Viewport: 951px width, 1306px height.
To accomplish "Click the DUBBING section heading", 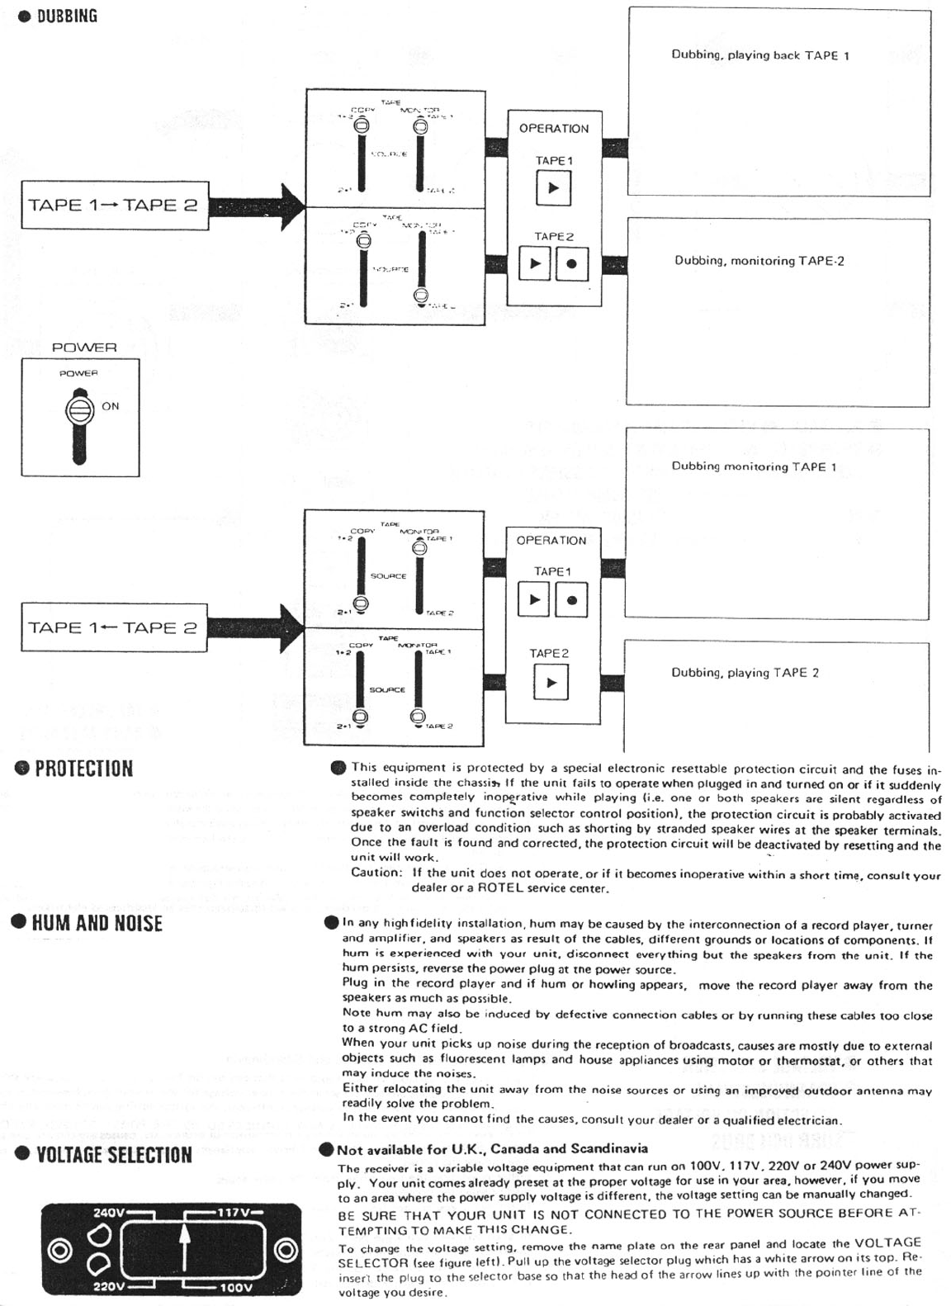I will point(66,17).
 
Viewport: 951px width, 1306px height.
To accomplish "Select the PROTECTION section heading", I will point(83,769).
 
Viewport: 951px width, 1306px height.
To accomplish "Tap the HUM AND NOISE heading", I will point(97,923).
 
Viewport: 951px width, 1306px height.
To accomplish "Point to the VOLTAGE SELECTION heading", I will point(114,1154).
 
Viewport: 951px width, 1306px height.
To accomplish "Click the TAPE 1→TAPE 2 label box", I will point(113,205).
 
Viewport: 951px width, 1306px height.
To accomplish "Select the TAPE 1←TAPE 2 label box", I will point(113,627).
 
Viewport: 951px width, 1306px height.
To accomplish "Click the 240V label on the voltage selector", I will point(108,1213).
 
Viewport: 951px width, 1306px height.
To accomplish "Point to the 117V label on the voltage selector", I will point(234,1213).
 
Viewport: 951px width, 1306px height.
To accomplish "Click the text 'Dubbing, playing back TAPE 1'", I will point(759,55).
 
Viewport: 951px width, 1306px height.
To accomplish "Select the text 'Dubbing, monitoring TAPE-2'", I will point(759,261).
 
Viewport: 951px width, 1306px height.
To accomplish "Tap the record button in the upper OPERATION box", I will point(572,264).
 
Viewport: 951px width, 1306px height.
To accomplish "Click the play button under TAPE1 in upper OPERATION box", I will point(553,188).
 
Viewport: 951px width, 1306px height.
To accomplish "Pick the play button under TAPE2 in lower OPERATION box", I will point(551,683).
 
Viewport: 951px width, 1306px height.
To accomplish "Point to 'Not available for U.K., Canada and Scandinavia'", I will point(492,1149).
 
